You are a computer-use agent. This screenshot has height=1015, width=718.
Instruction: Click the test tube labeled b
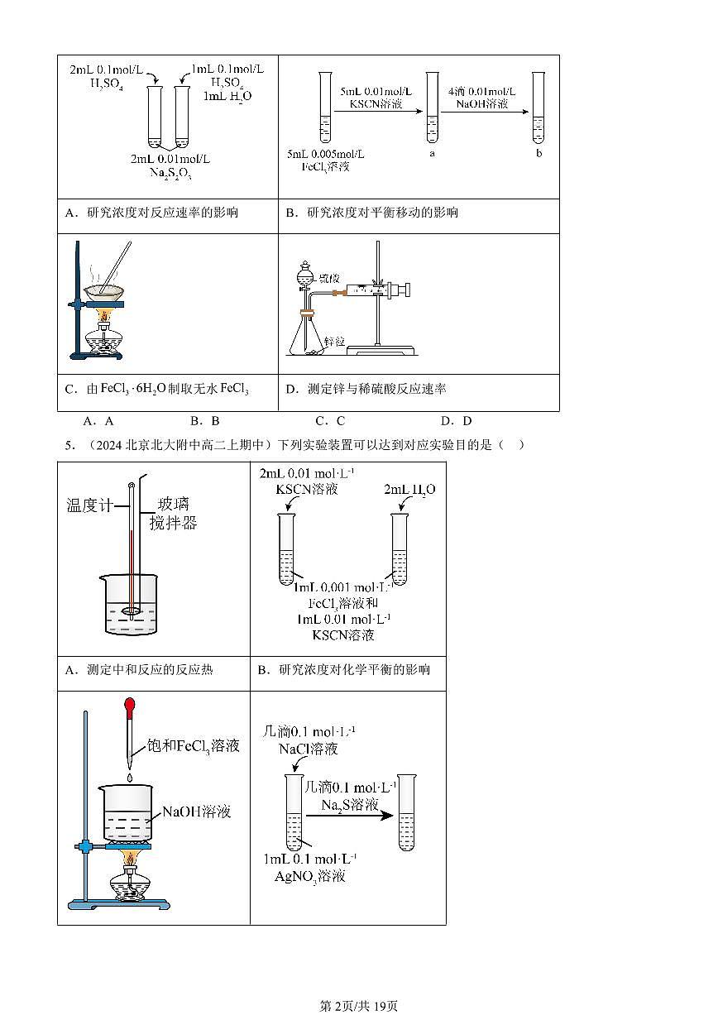coord(538,108)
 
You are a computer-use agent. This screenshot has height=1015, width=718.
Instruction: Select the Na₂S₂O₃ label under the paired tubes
coord(170,172)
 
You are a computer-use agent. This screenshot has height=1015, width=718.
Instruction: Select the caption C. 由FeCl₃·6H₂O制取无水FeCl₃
coord(156,389)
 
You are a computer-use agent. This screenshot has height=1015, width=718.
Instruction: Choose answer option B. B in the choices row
coord(204,421)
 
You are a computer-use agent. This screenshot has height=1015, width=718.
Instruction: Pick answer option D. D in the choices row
coord(456,421)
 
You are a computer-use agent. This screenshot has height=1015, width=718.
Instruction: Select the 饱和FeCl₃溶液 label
coord(193,745)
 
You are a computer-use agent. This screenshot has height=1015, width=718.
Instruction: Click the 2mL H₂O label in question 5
coord(409,490)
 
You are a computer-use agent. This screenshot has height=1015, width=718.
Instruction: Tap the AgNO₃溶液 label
coord(309,876)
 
